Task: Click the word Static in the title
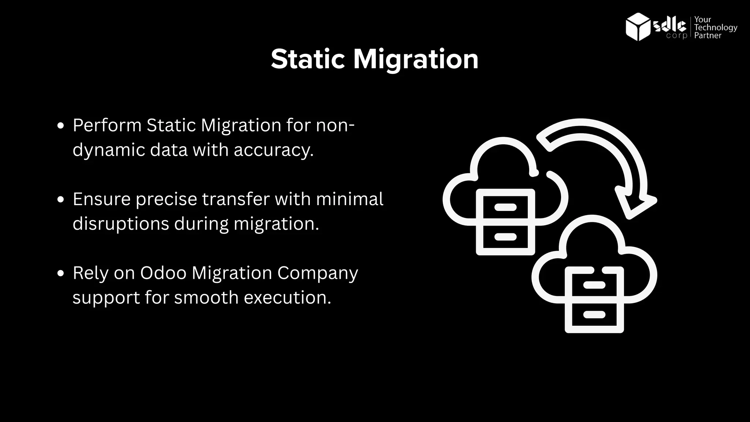tap(308, 59)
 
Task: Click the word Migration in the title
tap(416, 60)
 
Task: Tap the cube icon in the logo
tap(638, 26)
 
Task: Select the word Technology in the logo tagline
tap(716, 27)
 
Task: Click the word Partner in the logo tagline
tap(708, 36)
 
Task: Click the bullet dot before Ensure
tap(61, 200)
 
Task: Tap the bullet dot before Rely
tap(61, 273)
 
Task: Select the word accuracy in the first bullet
tap(274, 150)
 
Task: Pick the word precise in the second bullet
tap(166, 199)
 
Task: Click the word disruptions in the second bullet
tap(120, 223)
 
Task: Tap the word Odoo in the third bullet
tap(163, 273)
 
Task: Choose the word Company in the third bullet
tap(318, 274)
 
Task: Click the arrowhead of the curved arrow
tap(634, 203)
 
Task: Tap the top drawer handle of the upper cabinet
tap(505, 207)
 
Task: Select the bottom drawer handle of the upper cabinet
tap(505, 237)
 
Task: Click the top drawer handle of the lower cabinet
tap(594, 285)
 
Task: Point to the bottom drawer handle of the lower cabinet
tap(594, 314)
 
